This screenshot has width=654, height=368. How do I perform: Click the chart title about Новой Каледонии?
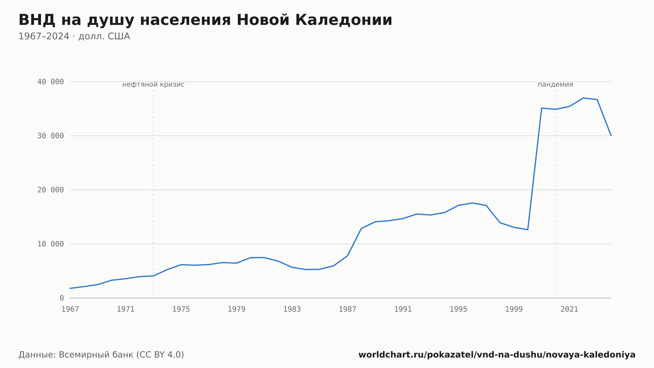point(205,20)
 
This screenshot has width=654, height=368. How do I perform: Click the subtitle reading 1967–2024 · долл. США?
point(74,36)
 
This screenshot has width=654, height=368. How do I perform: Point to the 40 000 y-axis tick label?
point(51,82)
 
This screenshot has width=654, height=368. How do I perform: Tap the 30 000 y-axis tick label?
point(51,136)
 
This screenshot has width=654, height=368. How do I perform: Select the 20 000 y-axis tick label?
point(51,190)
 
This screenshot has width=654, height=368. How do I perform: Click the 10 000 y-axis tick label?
point(51,244)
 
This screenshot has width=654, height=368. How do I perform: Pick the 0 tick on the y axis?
point(62,298)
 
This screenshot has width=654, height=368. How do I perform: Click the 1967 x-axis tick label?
point(70,309)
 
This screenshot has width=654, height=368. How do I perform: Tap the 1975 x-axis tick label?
point(181,309)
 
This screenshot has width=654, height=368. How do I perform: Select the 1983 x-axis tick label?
point(292,309)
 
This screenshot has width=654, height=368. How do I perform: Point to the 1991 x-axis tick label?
point(403,309)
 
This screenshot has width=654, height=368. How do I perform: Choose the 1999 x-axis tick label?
point(514,309)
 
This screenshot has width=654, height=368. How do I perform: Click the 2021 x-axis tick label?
point(569,309)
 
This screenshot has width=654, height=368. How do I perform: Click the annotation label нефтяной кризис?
point(153,85)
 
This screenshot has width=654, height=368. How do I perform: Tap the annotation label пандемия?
point(556,85)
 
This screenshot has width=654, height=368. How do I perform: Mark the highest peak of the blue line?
point(583,98)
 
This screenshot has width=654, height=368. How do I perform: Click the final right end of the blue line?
point(611,135)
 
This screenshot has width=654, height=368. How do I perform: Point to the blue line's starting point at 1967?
point(70,288)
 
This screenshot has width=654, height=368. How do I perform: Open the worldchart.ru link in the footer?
point(497,355)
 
